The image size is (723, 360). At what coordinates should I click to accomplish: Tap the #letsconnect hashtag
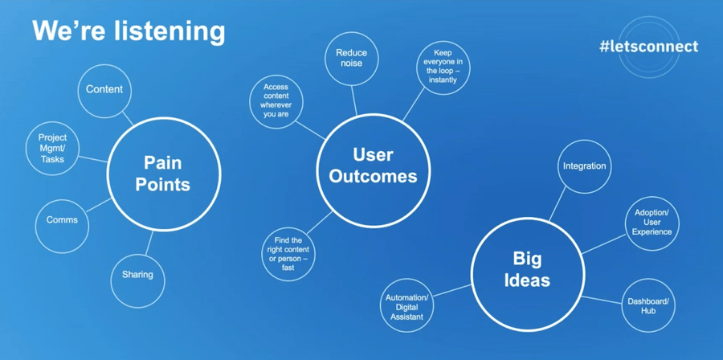(648, 46)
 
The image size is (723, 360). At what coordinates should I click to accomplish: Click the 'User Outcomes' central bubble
(373, 165)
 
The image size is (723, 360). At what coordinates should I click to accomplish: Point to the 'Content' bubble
(104, 89)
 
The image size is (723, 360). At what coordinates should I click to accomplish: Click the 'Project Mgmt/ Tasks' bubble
(53, 148)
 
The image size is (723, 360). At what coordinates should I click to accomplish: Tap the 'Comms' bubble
(62, 220)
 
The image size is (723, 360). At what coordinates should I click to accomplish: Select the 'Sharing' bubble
(137, 275)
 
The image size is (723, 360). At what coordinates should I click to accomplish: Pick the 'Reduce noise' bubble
(351, 58)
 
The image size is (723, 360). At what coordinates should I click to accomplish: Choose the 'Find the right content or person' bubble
(288, 253)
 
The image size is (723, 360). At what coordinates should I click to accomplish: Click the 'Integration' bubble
(584, 166)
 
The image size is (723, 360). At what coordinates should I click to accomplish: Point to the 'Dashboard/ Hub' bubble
(647, 306)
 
